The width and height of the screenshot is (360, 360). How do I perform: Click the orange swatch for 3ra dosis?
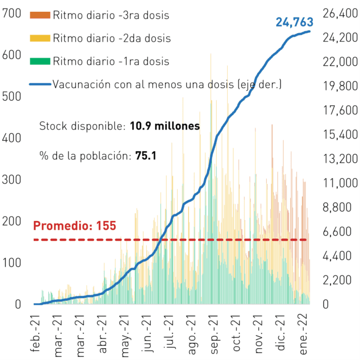coord(40,15)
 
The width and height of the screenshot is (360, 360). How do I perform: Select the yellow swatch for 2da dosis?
coord(40,38)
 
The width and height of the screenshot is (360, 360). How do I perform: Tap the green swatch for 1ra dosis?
coord(40,61)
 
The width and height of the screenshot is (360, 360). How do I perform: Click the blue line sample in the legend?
coord(40,84)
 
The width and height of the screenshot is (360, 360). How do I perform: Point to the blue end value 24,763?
coord(294,22)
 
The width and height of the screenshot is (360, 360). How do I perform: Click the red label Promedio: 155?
coord(75,226)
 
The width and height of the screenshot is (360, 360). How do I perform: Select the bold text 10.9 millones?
coord(165,126)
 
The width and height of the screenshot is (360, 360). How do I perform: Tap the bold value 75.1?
coord(146,156)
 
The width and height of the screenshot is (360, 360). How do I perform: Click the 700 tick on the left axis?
coord(11,13)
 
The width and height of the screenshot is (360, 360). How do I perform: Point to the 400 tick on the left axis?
coord(11,138)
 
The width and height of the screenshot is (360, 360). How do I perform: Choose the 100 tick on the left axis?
coord(11,263)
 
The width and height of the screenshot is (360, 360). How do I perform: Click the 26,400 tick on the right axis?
coord(340,13)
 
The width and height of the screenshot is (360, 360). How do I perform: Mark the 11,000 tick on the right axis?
coord(340,183)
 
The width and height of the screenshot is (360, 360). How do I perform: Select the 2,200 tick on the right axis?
coord(337,280)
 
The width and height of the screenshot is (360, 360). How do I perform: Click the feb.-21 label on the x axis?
coord(35,334)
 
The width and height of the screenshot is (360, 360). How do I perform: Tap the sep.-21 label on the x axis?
coord(214,334)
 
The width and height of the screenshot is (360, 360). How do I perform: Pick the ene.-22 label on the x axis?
coord(303,334)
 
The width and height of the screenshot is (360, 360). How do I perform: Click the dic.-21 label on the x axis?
coord(281,332)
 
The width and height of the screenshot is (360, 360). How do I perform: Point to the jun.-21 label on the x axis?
coord(147,334)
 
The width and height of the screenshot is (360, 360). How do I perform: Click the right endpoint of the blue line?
coord(309,31)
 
